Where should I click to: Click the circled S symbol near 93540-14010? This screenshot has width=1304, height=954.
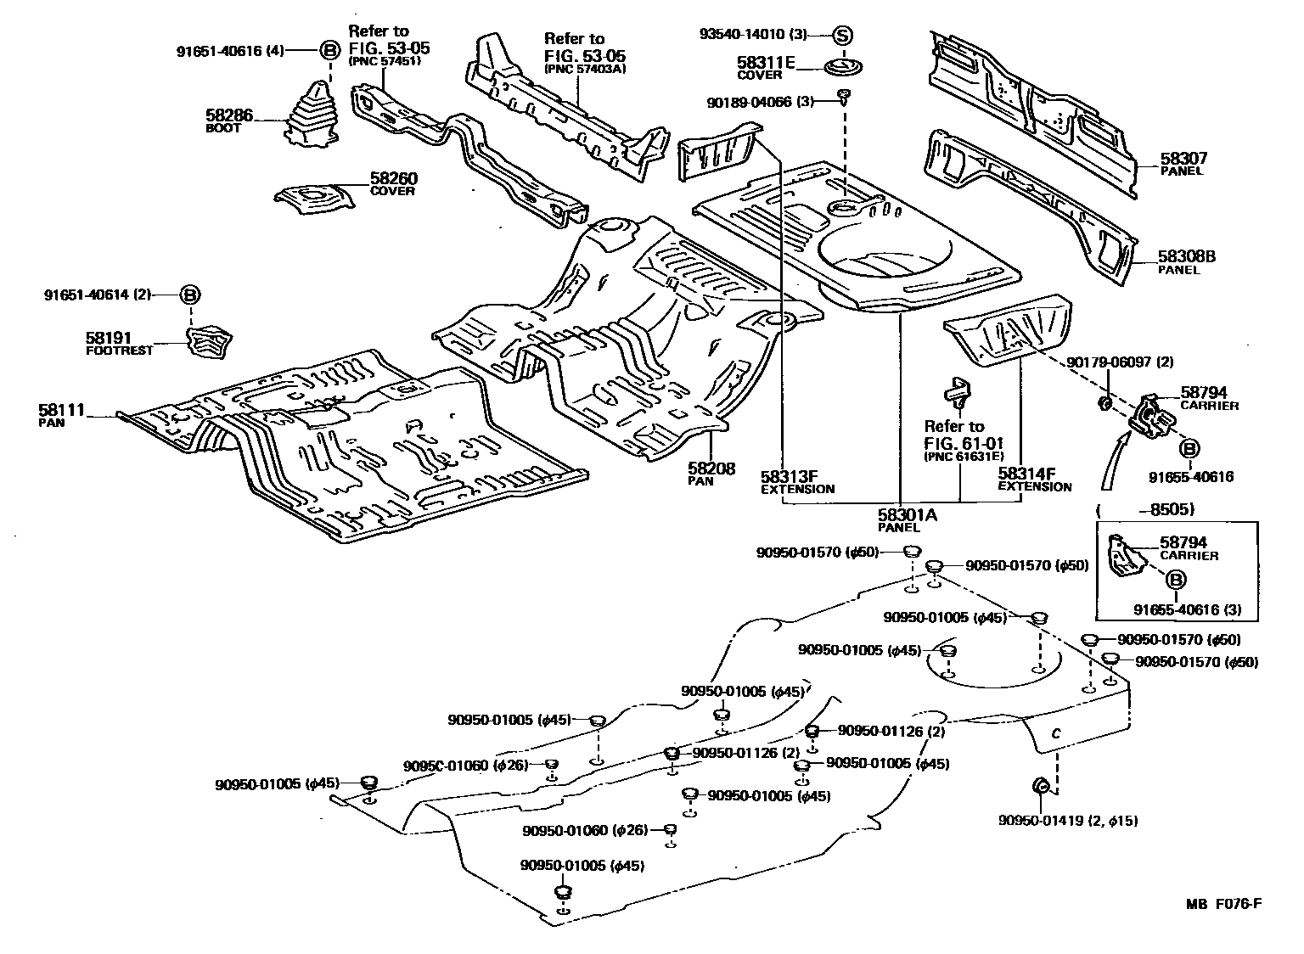tap(841, 36)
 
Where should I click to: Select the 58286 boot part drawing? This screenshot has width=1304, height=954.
tap(311, 118)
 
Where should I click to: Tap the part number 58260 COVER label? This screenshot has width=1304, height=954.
tap(392, 184)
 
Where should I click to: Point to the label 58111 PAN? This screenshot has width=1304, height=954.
tap(61, 415)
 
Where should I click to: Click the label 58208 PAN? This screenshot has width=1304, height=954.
tap(711, 474)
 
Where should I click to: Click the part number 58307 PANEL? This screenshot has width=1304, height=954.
tap(1183, 163)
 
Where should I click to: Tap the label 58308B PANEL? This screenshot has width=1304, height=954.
tap(1187, 262)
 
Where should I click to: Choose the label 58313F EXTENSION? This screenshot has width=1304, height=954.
tap(797, 482)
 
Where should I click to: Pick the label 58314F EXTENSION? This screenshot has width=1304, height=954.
tap(1033, 480)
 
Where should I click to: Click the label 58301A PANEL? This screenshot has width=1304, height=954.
tap(906, 519)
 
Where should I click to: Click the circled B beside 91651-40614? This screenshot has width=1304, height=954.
tap(190, 295)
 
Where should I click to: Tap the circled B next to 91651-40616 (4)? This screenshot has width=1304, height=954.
tap(329, 50)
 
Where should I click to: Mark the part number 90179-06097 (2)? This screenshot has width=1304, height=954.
tap(1120, 362)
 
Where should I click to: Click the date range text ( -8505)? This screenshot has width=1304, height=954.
tap(1145, 509)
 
